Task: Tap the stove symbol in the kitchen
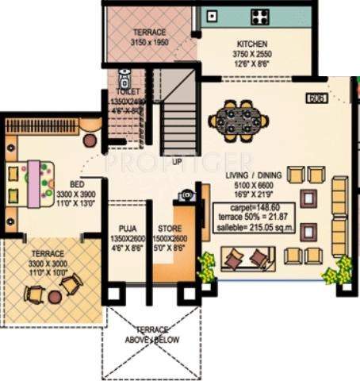pos(259,16)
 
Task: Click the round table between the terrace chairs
pos(54,296)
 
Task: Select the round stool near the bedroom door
pos(89,140)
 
